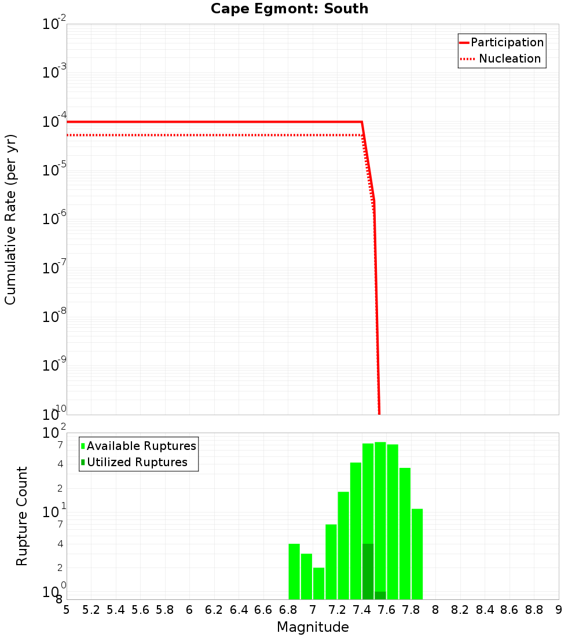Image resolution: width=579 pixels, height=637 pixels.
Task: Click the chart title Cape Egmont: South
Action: click(289, 9)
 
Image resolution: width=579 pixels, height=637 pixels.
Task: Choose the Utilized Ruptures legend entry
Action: click(137, 462)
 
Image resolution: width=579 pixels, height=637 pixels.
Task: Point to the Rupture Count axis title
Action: click(22, 515)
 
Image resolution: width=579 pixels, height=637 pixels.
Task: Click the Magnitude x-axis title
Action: click(313, 627)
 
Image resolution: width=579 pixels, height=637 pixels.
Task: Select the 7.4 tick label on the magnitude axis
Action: click(362, 610)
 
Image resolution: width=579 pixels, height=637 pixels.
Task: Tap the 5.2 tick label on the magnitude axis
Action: click(91, 610)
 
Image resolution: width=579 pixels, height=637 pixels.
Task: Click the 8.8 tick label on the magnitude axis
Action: click(534, 610)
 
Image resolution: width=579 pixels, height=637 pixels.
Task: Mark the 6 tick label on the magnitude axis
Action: click(189, 610)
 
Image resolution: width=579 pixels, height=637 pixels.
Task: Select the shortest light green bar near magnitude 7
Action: click(318, 583)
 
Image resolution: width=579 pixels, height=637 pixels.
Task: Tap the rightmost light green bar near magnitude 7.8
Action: click(417, 554)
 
